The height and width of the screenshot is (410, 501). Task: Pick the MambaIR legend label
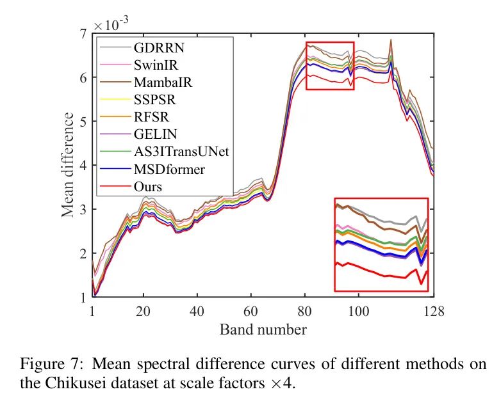tap(158, 82)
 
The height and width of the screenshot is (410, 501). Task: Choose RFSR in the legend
tap(149, 117)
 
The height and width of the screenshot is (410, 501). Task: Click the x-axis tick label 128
tap(433, 311)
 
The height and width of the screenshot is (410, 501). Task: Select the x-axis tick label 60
tap(250, 311)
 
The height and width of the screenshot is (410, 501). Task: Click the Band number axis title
tap(263, 330)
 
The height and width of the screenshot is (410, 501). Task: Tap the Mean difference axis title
tap(68, 164)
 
